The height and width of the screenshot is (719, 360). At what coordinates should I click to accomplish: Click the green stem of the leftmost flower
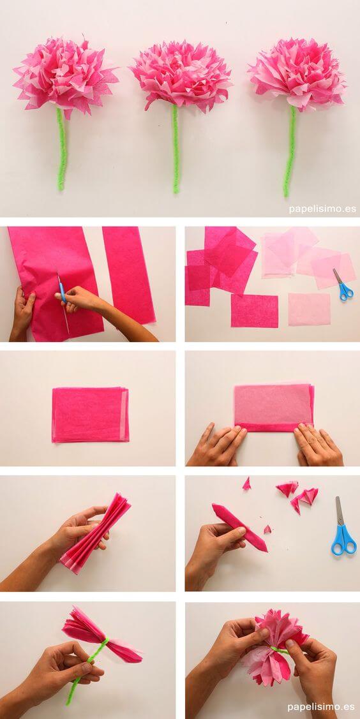pyautogui.click(x=61, y=150)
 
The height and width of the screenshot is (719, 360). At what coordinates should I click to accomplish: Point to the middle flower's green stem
pyautogui.click(x=175, y=150)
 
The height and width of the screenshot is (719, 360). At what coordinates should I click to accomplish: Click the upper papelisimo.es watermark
pyautogui.click(x=322, y=209)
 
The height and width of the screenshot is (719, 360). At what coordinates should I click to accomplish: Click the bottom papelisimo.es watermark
pyautogui.click(x=321, y=707)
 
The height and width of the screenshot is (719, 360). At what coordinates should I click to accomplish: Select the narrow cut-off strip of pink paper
pyautogui.click(x=129, y=274)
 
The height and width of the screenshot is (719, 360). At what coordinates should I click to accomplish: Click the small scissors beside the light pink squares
pyautogui.click(x=343, y=285)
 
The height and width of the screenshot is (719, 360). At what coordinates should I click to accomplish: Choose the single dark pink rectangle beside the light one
pyautogui.click(x=254, y=310)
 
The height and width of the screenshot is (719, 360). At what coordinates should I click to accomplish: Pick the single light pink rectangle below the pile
pyautogui.click(x=309, y=309)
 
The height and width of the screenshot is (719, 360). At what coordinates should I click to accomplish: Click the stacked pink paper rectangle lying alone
pyautogui.click(x=91, y=415)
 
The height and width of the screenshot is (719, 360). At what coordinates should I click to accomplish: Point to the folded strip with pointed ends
pyautogui.click(x=239, y=527)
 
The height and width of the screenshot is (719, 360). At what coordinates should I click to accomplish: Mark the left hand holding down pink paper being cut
pyautogui.click(x=24, y=311)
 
